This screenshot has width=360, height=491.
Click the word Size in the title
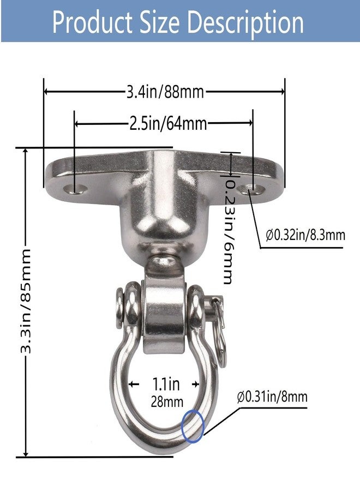160,22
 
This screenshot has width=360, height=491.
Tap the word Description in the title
247,23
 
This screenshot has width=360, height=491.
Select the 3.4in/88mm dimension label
165,92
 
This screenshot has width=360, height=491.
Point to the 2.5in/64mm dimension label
168,124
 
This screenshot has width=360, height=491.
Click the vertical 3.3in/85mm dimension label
26,301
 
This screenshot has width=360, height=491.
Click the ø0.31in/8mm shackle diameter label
272,397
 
